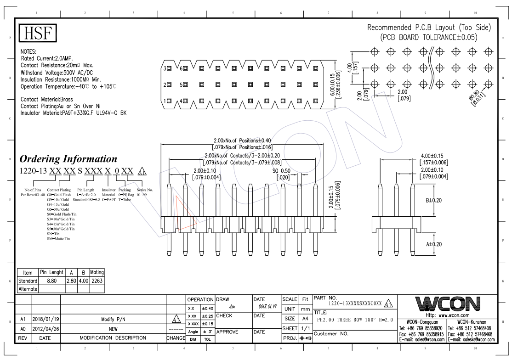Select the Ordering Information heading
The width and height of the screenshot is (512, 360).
click(x=68, y=159)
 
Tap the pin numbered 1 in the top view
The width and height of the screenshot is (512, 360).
click(x=169, y=101)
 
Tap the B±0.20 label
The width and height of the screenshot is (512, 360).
click(x=433, y=200)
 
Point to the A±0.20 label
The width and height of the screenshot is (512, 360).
click(x=433, y=244)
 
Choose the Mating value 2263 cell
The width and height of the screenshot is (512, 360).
click(x=97, y=281)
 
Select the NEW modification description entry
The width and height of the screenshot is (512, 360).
click(x=113, y=329)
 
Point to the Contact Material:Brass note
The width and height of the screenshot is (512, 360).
click(x=47, y=99)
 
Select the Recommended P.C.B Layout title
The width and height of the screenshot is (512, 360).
click(x=429, y=28)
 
